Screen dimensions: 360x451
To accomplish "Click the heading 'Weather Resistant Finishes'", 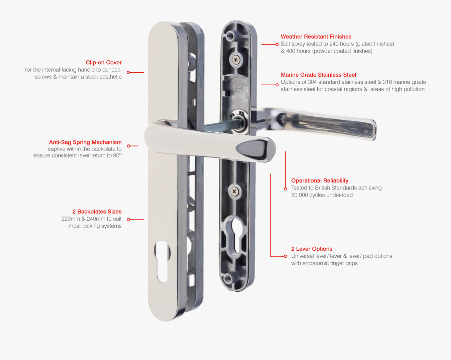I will coord(316,37).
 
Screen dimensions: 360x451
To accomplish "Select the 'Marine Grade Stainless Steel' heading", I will coord(318,75).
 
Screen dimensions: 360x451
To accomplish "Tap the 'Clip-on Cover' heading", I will coord(103,63).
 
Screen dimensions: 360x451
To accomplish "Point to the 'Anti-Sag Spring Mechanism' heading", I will coord(85,142).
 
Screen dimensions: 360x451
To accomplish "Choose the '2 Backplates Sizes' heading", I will coord(97,212).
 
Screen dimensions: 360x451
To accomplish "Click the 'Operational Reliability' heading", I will coord(319,181).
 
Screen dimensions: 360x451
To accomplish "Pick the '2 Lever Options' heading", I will coord(311,249).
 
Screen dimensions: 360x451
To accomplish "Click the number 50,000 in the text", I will coord(303,195).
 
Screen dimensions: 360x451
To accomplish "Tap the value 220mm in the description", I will coord(72,219).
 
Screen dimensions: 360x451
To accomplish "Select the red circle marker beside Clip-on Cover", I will coord(128,72).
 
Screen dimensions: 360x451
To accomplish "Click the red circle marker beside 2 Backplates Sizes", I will coord(128,220).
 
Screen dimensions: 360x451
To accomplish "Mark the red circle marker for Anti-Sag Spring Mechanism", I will coord(128,146).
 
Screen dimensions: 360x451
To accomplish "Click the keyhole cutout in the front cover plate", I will coord(161,260).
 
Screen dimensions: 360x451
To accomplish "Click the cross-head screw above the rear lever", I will coord(235,60).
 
